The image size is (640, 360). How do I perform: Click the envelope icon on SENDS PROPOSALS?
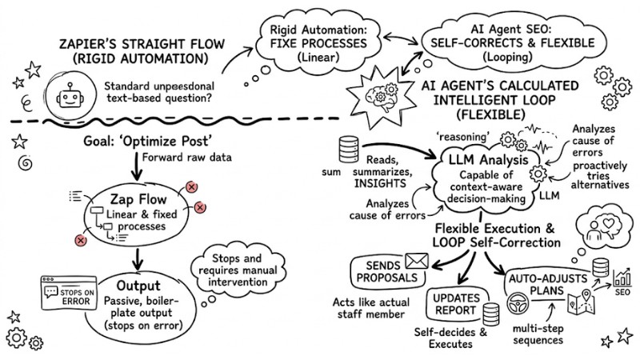point(417,260)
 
